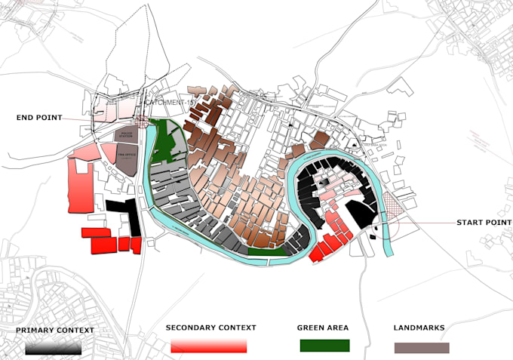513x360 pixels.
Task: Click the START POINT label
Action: (x=484, y=223)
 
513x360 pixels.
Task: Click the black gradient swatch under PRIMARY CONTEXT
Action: (x=53, y=347)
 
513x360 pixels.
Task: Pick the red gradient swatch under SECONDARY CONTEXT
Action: (x=209, y=346)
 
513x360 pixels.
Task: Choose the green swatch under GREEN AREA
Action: (x=324, y=346)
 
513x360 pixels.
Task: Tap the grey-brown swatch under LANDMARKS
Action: (x=422, y=348)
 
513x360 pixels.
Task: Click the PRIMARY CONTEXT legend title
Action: (x=55, y=330)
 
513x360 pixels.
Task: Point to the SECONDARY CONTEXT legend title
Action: (x=211, y=328)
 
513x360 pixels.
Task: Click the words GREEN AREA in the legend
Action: (x=324, y=328)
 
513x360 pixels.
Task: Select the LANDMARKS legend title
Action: (x=419, y=328)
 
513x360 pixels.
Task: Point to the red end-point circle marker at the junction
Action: (x=142, y=121)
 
